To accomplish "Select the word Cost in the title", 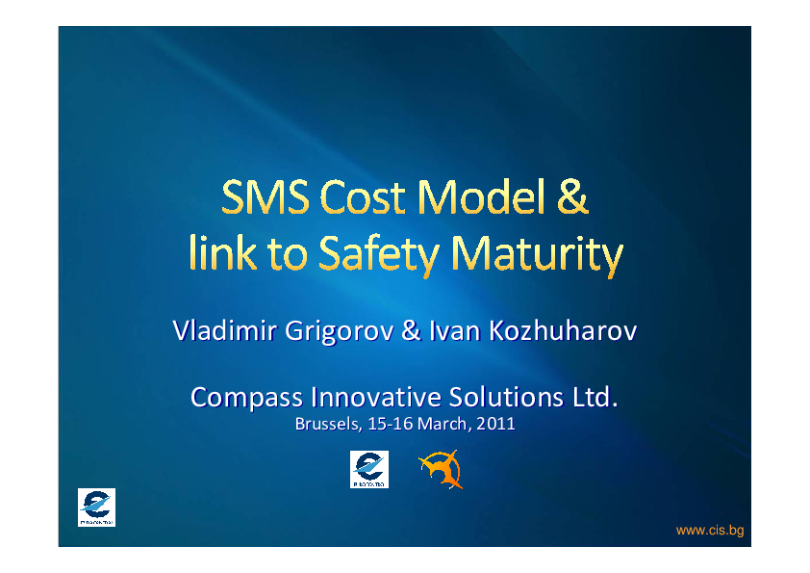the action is coord(363,197).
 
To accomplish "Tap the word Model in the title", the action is coord(481,196).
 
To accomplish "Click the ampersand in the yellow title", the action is coord(572,196).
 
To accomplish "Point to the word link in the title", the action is coord(222,252).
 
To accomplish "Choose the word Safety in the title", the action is coord(379,255).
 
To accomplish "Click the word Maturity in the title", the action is coord(537,255).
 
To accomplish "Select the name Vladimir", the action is coord(225,330).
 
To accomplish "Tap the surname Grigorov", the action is coord(339,331).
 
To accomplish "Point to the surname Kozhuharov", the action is coord(563,330).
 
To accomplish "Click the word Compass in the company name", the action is coord(246,398).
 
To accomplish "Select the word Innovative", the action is coord(376,397).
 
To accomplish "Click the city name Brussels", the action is coord(328,424).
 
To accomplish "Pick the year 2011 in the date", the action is coord(496,424).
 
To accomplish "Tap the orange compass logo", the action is coord(441,469).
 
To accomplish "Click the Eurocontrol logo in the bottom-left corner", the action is coord(96,508).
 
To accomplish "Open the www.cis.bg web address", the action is coord(710,531).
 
